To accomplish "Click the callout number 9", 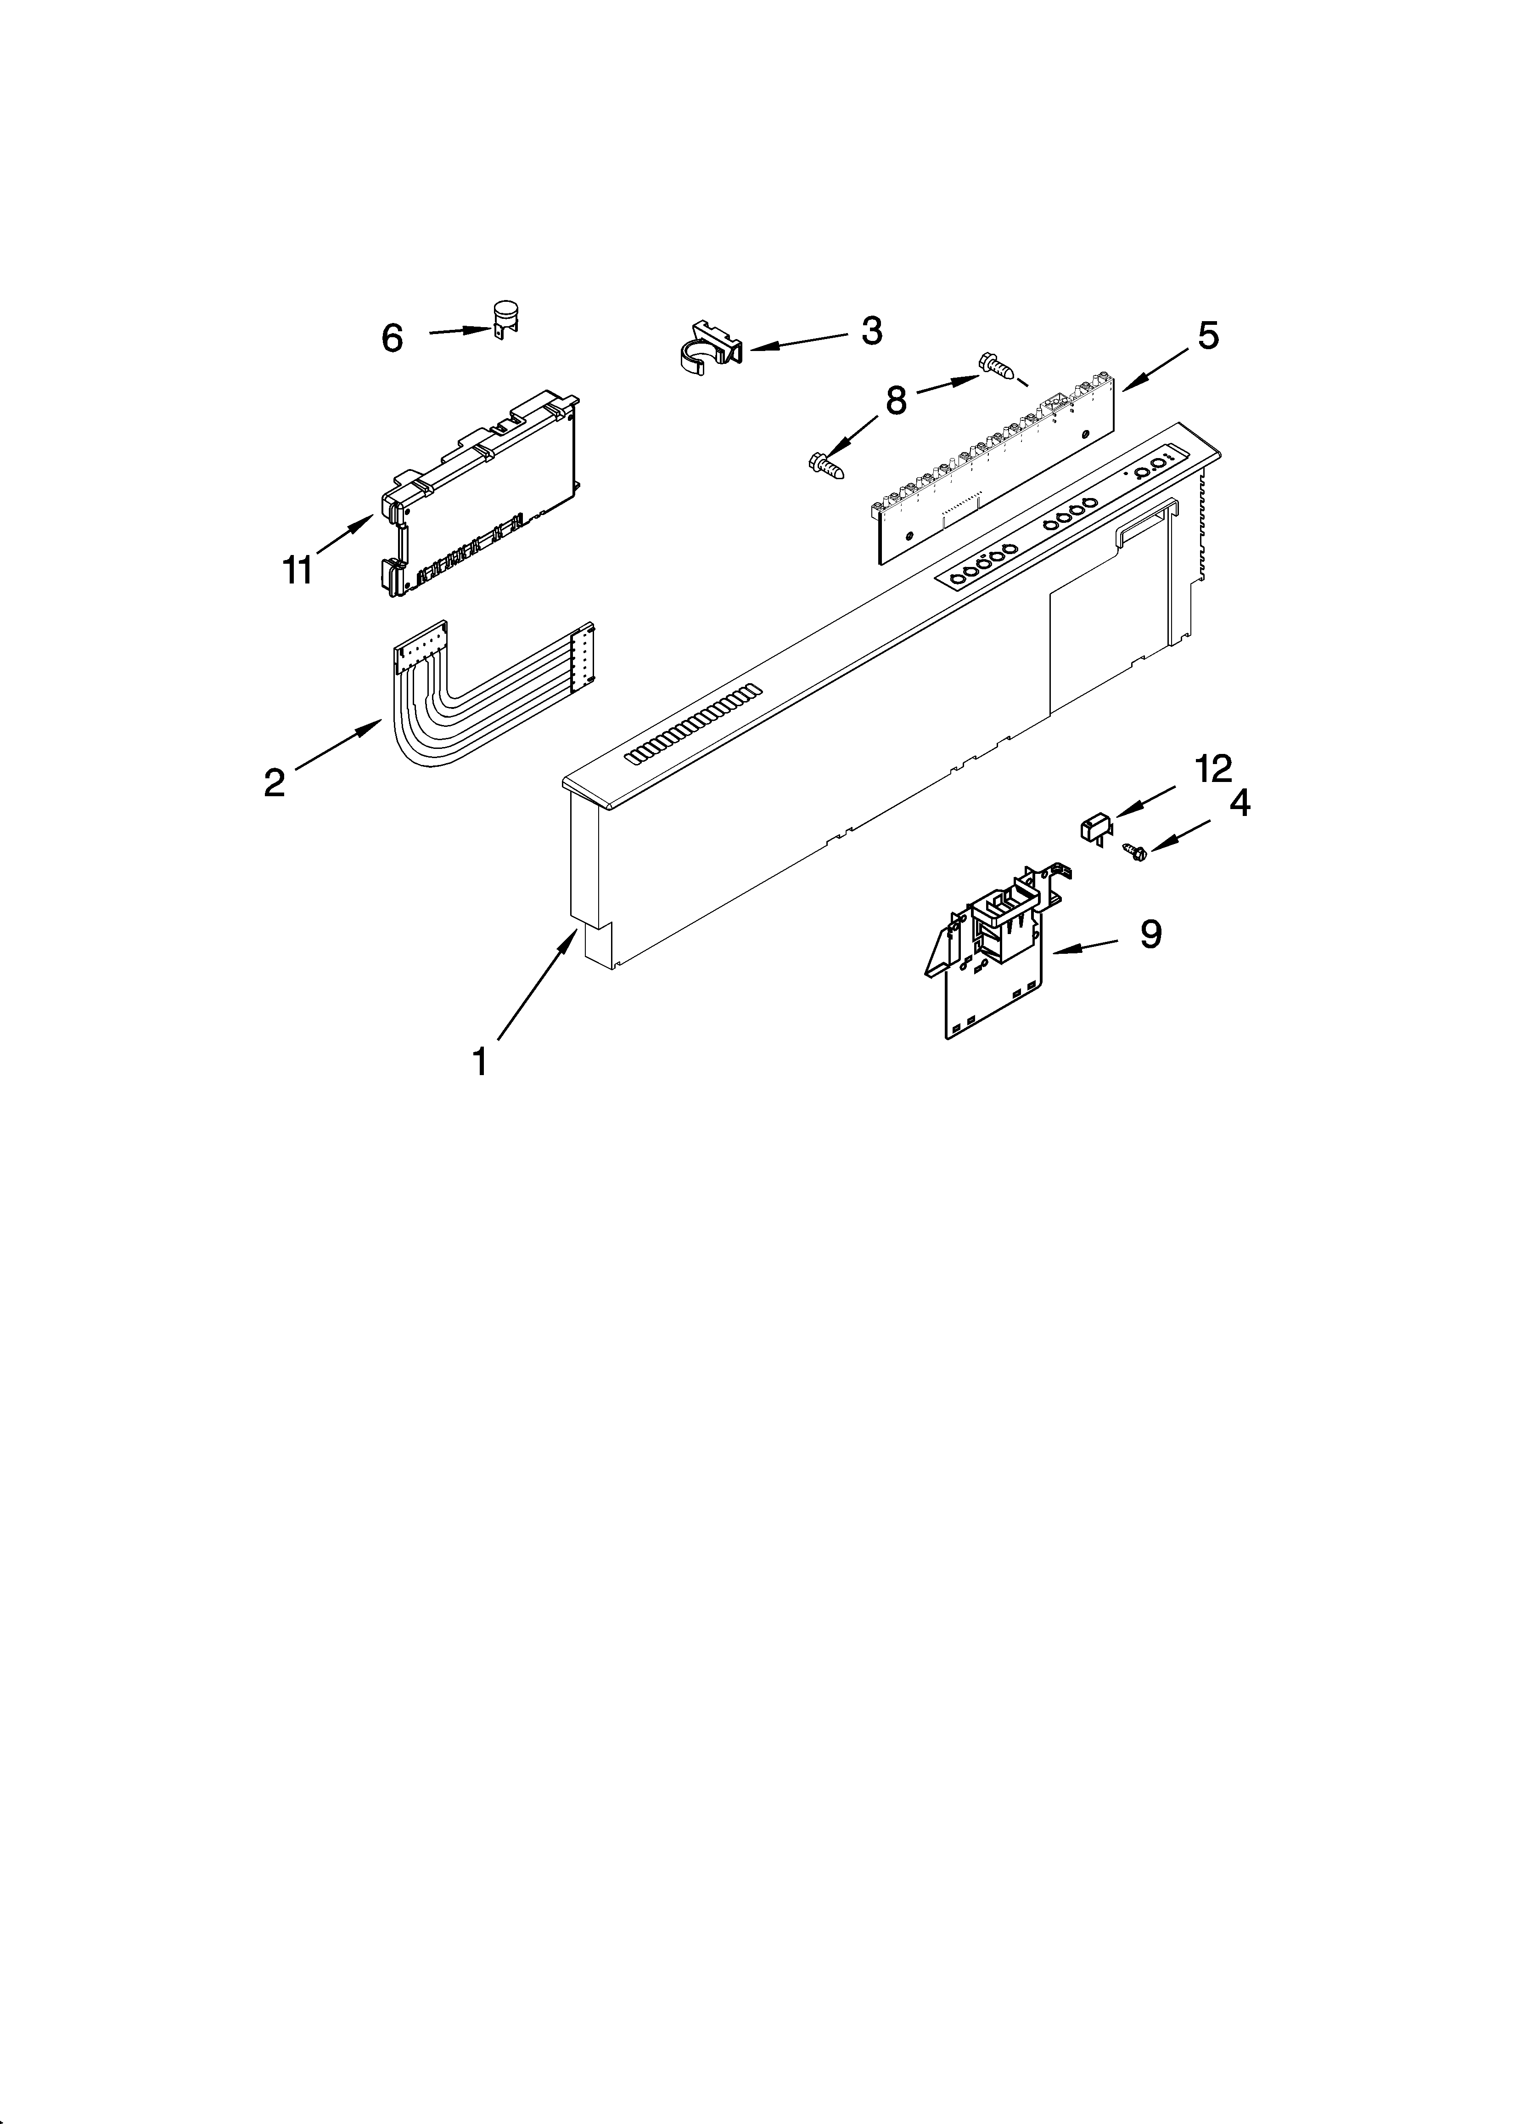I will (x=1150, y=934).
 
